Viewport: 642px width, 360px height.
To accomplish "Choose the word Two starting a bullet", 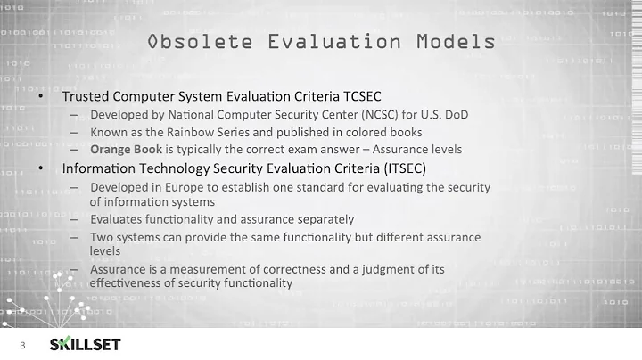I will click(x=101, y=237).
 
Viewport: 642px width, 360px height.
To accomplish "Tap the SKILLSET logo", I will click(x=84, y=344).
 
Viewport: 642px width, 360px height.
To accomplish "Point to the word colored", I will click(x=367, y=132).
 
